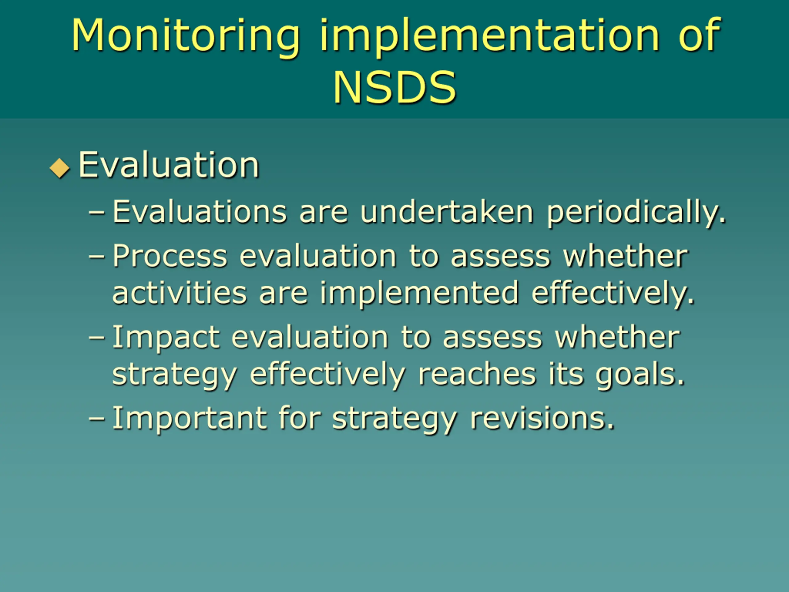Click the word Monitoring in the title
(x=186, y=37)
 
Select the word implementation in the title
(x=490, y=37)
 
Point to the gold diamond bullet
(x=60, y=168)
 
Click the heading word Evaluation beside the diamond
(x=169, y=165)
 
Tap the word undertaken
(x=447, y=212)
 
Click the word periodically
(x=636, y=213)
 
